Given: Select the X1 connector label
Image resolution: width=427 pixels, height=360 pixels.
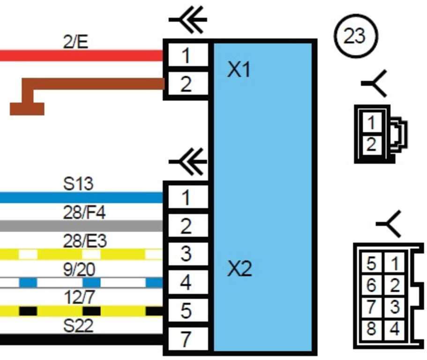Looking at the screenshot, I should [x=239, y=71].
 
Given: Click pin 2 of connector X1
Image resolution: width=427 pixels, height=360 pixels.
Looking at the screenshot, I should [x=186, y=85].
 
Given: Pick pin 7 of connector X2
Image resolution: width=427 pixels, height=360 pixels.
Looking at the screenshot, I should [x=186, y=339].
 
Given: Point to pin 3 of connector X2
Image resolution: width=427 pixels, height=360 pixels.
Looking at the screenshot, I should [x=186, y=255].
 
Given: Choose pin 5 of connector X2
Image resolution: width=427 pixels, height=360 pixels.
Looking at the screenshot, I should [x=186, y=311].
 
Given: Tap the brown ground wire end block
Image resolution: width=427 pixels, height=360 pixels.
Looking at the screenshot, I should [x=27, y=109].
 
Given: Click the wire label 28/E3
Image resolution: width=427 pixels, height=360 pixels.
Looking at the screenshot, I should [x=85, y=241].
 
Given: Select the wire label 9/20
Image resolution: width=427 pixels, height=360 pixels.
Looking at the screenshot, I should [x=79, y=270].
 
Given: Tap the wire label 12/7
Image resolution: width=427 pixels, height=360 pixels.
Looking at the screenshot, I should [x=78, y=298].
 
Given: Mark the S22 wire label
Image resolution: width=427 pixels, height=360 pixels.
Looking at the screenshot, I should [x=78, y=326].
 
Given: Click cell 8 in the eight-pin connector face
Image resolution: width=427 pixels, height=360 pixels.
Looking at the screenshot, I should [x=371, y=329].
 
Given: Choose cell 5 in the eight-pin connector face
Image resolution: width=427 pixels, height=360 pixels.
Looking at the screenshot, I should [x=371, y=263].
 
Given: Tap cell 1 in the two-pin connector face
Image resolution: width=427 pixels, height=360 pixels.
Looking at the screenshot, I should [x=371, y=123].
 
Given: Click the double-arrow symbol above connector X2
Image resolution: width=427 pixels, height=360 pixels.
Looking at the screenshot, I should [x=189, y=162].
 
